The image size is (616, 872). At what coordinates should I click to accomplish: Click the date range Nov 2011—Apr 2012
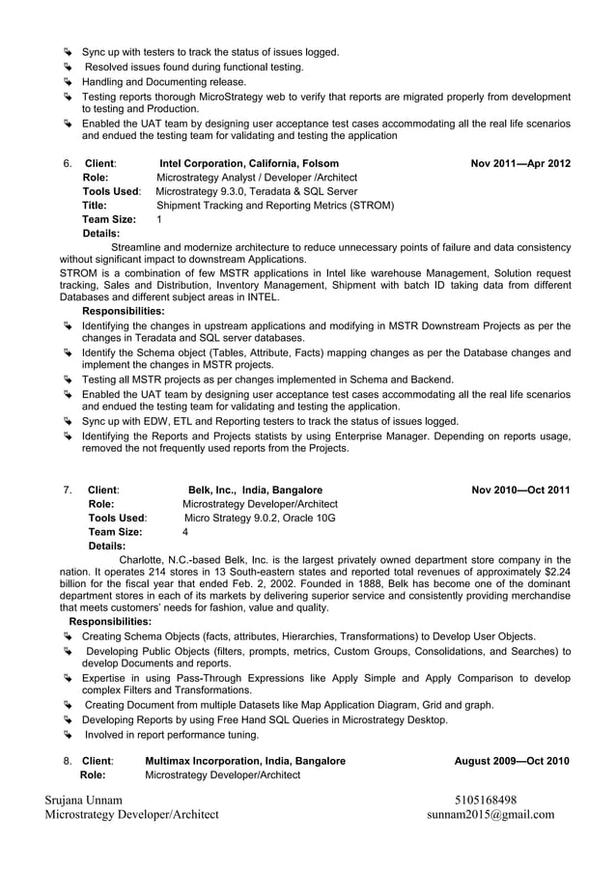pyautogui.click(x=519, y=163)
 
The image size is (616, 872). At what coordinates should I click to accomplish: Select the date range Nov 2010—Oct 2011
pyautogui.click(x=520, y=490)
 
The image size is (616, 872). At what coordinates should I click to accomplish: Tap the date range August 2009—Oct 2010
pyautogui.click(x=512, y=761)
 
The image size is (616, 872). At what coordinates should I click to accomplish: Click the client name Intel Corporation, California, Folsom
pyautogui.click(x=248, y=163)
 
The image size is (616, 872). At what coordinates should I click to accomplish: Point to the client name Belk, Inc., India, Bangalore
pyautogui.click(x=255, y=490)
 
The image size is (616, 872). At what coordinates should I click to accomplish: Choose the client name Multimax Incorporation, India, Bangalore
pyautogui.click(x=244, y=761)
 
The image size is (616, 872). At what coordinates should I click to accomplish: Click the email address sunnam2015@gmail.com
pyautogui.click(x=490, y=814)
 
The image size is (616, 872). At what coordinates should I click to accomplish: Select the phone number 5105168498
pyautogui.click(x=486, y=800)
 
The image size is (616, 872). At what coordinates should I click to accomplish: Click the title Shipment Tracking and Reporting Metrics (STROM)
pyautogui.click(x=274, y=205)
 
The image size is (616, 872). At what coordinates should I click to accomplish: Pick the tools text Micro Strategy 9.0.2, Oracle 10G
pyautogui.click(x=260, y=518)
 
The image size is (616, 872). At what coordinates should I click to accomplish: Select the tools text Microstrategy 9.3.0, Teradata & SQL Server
pyautogui.click(x=256, y=191)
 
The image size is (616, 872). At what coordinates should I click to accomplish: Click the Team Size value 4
pyautogui.click(x=185, y=531)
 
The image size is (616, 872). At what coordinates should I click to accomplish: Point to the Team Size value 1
pyautogui.click(x=159, y=219)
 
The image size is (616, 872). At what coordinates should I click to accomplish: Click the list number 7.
pyautogui.click(x=67, y=490)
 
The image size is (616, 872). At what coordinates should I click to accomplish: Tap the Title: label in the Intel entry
pyautogui.click(x=95, y=205)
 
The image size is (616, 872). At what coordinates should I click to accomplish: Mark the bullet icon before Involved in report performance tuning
pyautogui.click(x=68, y=735)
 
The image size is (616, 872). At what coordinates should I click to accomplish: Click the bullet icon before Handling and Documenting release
pyautogui.click(x=68, y=82)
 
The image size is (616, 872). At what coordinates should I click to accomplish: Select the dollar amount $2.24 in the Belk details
pyautogui.click(x=555, y=572)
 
